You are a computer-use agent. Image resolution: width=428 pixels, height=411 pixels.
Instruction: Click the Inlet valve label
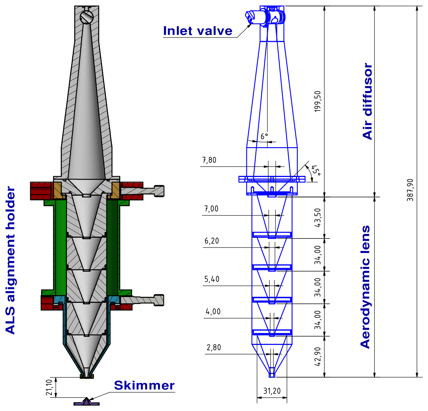coord(197,31)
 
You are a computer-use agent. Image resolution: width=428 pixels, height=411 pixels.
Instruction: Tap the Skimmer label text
coord(144,386)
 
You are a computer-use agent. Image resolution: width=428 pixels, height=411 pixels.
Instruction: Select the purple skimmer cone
coord(86,401)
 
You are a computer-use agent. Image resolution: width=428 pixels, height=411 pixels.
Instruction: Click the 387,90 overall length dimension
coord(410,190)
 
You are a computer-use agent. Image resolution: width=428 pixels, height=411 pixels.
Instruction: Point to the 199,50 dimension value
coord(318,101)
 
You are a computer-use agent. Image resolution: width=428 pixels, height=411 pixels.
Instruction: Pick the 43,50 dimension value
coord(318,218)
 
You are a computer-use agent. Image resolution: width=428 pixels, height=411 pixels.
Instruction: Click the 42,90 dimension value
coord(318,356)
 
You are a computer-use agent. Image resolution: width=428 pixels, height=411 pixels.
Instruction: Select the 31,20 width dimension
coord(272,391)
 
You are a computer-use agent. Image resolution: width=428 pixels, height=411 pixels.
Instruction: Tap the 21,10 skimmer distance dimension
coord(49,387)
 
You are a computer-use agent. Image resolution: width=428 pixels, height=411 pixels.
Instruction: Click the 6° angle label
coord(264,136)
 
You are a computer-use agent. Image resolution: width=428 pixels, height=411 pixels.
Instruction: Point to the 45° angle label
coord(316,170)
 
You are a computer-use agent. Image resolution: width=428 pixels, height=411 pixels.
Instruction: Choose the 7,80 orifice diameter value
coord(209,160)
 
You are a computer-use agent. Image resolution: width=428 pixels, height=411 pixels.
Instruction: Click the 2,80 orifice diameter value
coord(214,348)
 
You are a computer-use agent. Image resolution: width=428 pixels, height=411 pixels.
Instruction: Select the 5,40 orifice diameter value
coord(212,279)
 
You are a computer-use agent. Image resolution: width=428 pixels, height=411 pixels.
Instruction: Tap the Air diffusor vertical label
coord(368,101)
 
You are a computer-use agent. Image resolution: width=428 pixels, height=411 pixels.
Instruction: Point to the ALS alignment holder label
coord(11,260)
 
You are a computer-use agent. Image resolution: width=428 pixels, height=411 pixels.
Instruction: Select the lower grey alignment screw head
coord(159,300)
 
